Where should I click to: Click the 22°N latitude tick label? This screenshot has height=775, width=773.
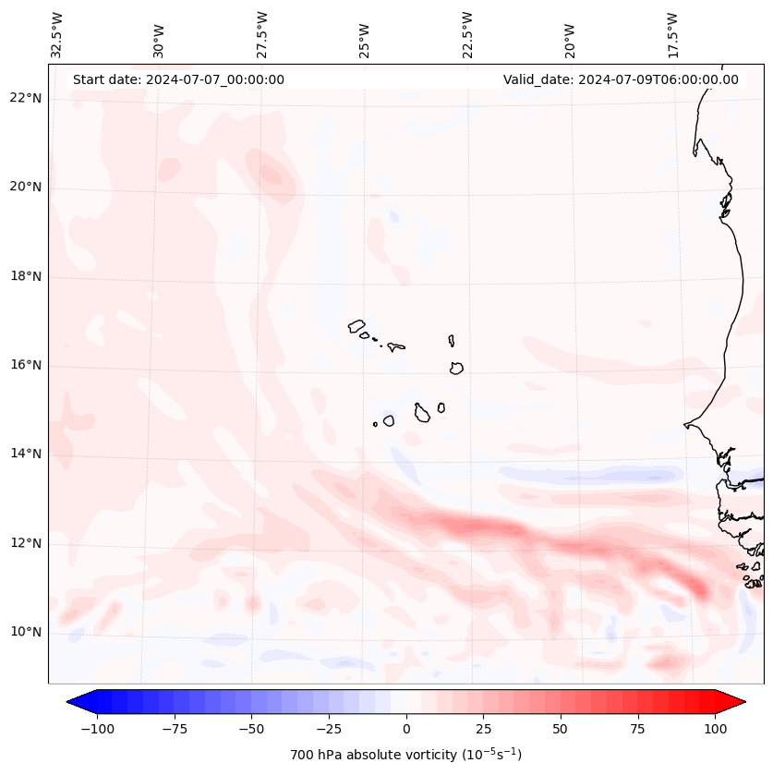coord(24,98)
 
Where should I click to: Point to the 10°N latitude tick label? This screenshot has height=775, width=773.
coord(24,632)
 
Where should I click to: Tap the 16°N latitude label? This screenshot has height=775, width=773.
coord(24,365)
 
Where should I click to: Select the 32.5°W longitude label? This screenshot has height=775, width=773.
coord(57,34)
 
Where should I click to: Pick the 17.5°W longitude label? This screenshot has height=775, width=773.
coord(672,34)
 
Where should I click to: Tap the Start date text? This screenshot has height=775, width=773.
coord(178,79)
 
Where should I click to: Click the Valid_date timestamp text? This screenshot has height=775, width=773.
coord(621,79)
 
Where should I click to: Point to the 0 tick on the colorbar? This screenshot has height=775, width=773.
coord(406,728)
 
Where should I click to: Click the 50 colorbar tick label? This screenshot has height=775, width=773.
coord(561,728)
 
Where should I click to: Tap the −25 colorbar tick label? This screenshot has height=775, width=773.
coord(329,728)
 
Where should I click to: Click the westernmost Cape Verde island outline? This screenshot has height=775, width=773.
coord(356,325)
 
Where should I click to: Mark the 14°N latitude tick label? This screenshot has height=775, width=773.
coord(24,454)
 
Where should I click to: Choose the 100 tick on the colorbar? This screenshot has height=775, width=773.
coord(714,728)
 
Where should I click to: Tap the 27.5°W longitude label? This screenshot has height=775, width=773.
coord(262,34)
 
